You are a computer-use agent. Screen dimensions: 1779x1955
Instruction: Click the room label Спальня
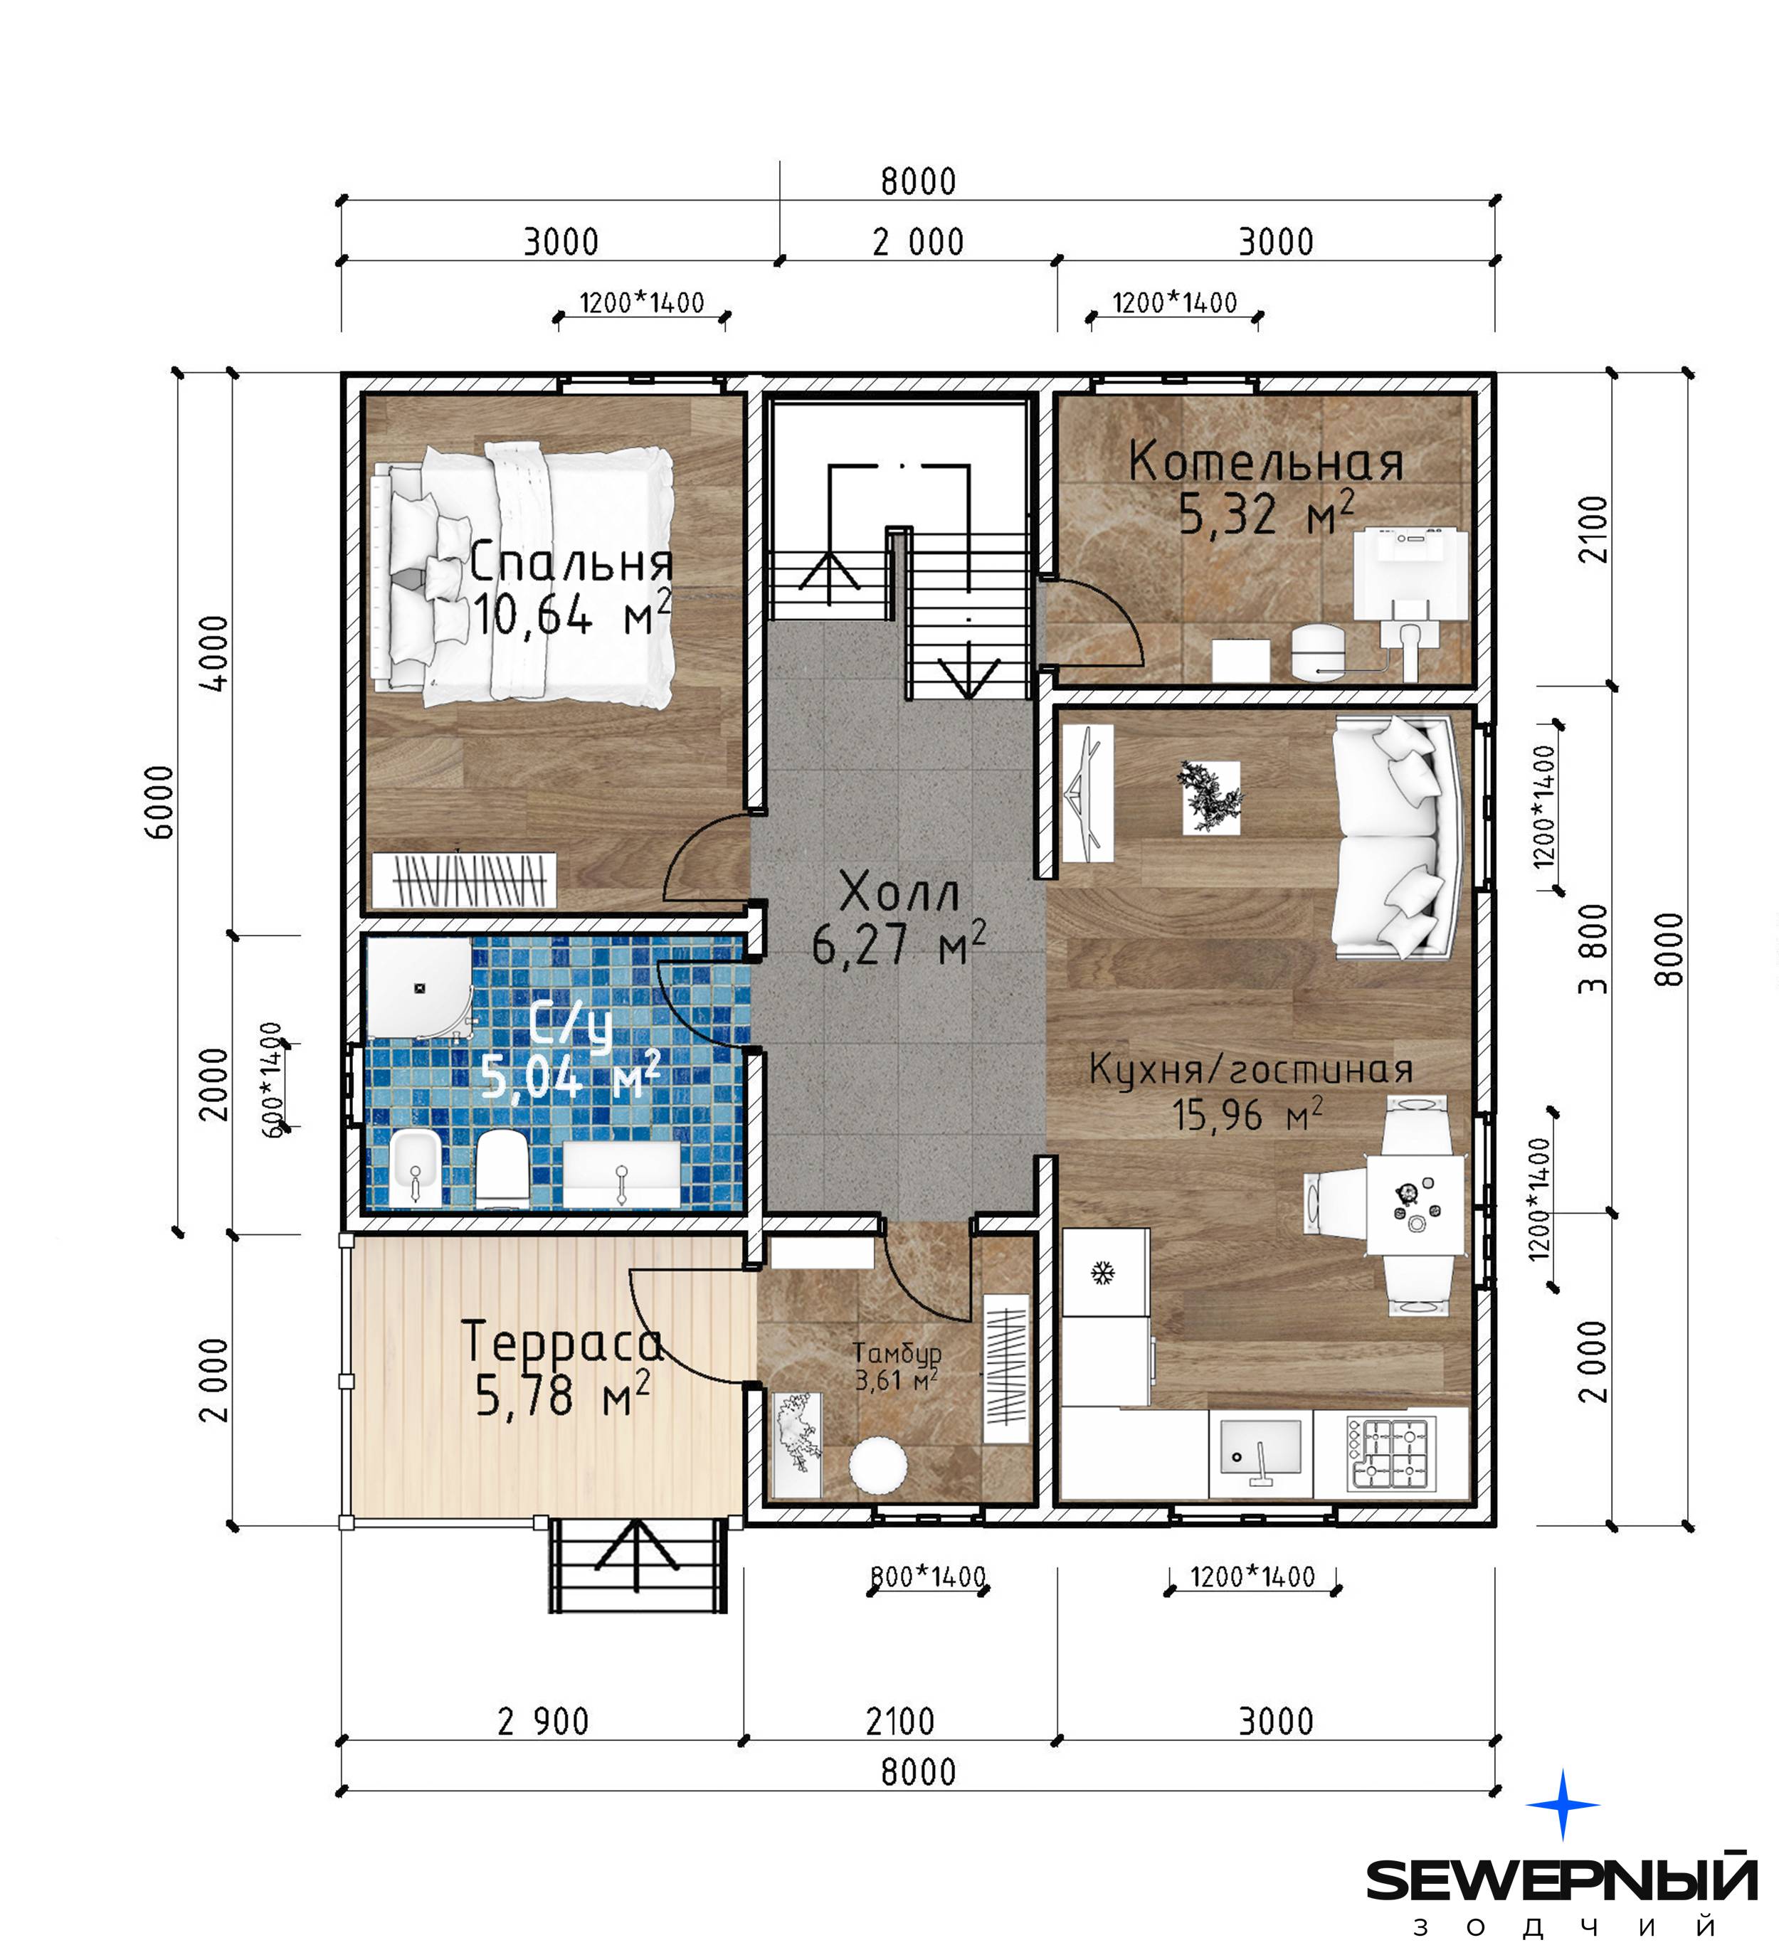(x=571, y=563)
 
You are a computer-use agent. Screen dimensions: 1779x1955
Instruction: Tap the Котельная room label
(x=1266, y=462)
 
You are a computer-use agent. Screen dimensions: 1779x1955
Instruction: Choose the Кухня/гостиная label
(x=1250, y=1069)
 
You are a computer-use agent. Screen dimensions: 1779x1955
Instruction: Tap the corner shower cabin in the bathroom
(x=419, y=987)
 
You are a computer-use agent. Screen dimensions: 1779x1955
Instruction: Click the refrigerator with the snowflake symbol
(x=1105, y=1271)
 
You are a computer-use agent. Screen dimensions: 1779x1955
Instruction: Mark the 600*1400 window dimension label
(x=273, y=1079)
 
